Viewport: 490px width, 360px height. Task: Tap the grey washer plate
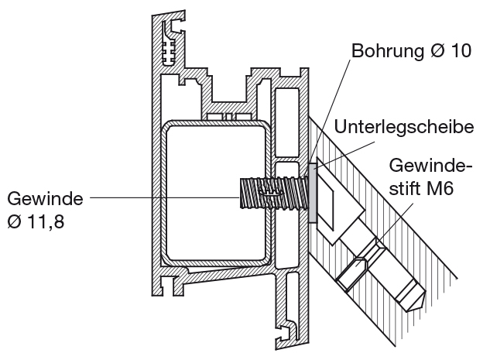pos(312,194)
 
